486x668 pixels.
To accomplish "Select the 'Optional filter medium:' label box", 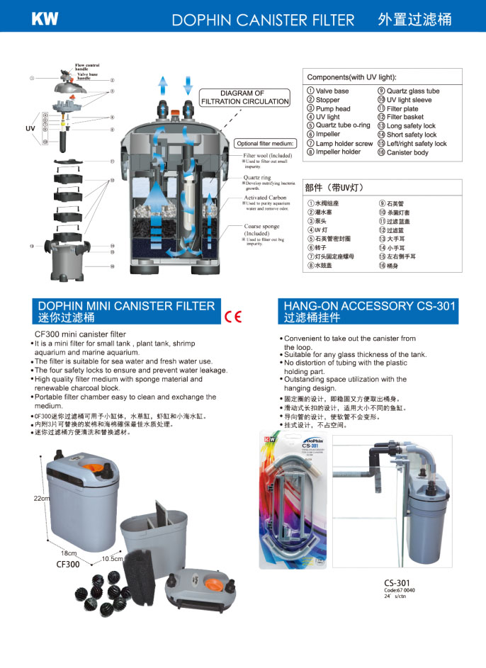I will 264,142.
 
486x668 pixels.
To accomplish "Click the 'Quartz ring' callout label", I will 256,177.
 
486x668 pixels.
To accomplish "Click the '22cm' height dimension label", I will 42,499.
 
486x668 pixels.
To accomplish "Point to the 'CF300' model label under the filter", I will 67,565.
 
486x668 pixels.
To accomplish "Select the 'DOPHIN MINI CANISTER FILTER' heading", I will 126,306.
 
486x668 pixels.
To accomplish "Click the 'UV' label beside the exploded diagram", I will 30,129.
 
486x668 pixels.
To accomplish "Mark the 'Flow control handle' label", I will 87,67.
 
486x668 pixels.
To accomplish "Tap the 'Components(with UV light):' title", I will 351,77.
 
